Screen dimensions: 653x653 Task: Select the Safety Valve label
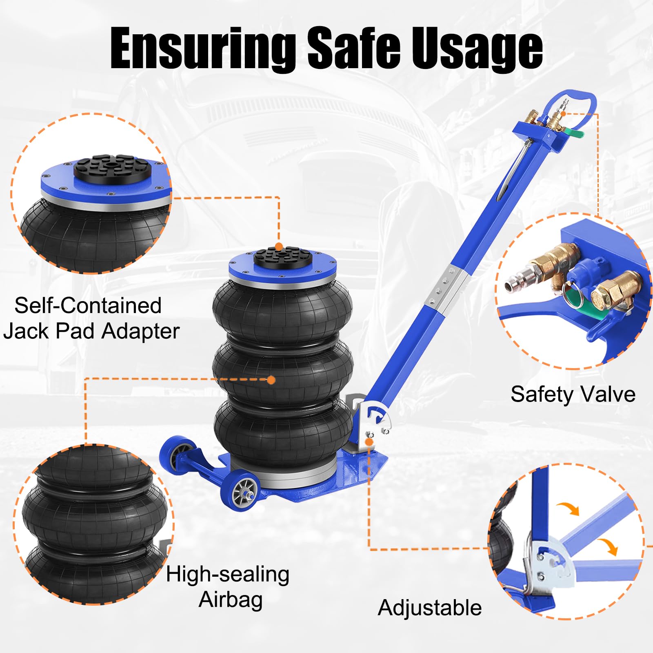coord(573,394)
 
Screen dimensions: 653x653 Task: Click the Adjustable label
coord(430,608)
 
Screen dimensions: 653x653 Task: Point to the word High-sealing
coord(228,575)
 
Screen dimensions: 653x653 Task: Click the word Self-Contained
coord(88,305)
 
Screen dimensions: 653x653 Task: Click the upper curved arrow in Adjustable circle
coord(568,509)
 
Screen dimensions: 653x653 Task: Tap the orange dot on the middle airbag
coord(271,380)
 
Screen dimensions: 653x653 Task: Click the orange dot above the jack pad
coord(279,247)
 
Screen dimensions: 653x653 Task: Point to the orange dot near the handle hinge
coord(369,442)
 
